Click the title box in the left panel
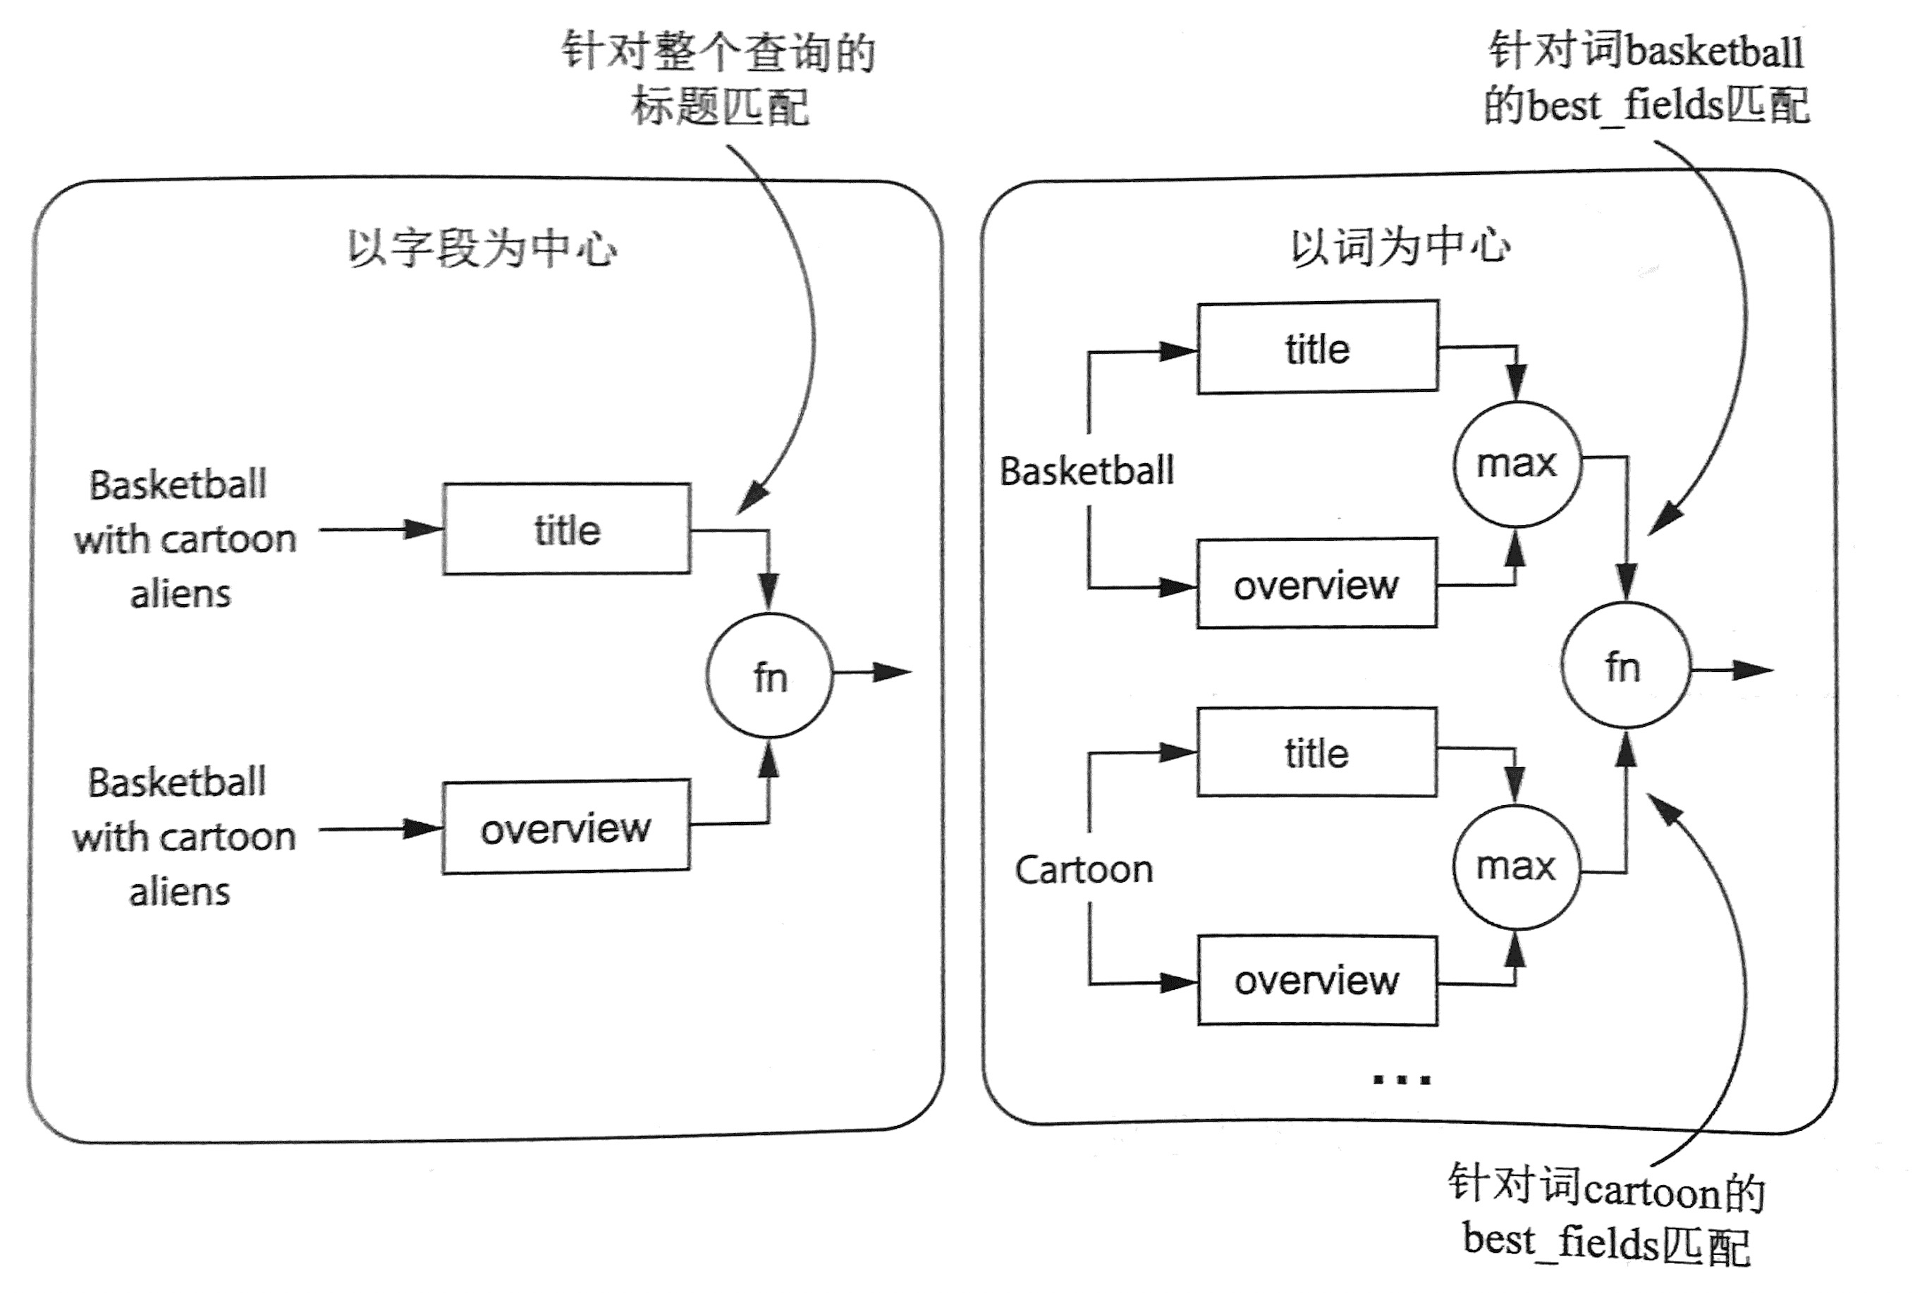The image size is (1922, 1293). pos(566,529)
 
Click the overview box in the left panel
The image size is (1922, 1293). pos(565,827)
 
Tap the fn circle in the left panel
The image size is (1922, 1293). pos(769,676)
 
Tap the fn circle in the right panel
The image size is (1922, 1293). pos(1625,666)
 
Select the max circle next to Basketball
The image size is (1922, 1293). pos(1517,463)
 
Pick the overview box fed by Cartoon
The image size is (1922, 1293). pos(1317,981)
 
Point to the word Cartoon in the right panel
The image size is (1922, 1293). pos(1084,870)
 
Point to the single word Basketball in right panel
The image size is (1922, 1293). pos(1087,471)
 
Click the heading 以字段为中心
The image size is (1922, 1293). pos(482,247)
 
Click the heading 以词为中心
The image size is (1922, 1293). pos(1400,246)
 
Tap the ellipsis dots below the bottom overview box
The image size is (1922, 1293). pos(1401,1079)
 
